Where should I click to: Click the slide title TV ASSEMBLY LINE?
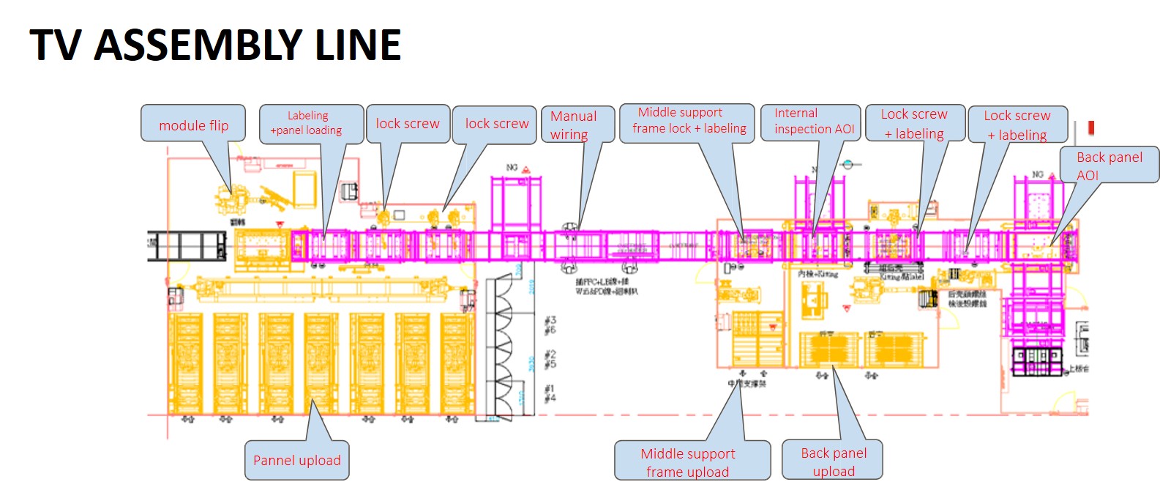coord(215,45)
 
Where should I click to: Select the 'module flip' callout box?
coord(193,124)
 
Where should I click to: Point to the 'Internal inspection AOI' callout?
coord(810,122)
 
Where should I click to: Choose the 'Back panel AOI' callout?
coord(1109,165)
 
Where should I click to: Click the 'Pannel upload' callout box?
coord(296,460)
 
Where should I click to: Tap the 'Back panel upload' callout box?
coord(833,461)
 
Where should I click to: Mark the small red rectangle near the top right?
coord(1091,127)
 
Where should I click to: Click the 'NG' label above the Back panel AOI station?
coord(1038,174)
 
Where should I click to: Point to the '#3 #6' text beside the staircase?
coord(550,325)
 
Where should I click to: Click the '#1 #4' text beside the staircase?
coord(550,393)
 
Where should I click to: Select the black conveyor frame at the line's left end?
coord(187,245)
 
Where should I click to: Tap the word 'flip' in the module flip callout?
coord(219,126)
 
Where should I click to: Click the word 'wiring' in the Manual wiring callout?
coord(569,135)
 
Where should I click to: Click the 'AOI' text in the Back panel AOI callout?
coord(1088,175)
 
